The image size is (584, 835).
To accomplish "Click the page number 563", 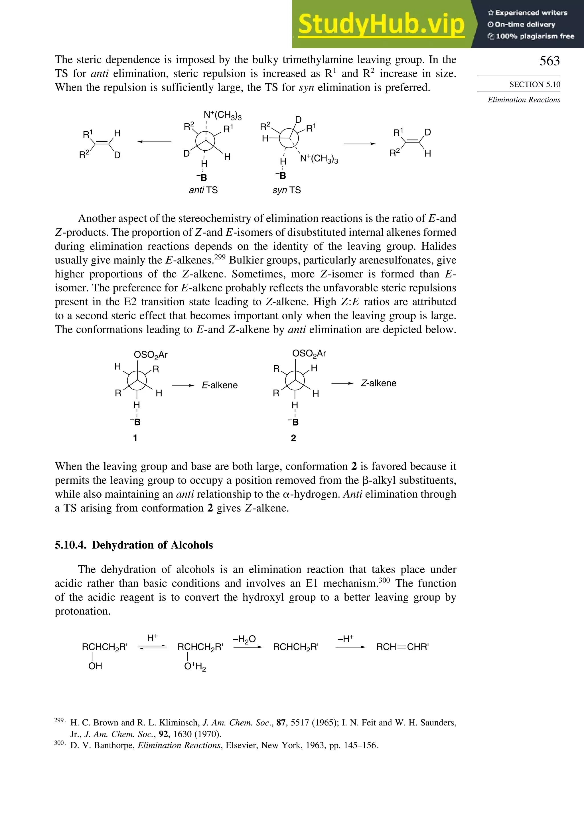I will (x=549, y=61).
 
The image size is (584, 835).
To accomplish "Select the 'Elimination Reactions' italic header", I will (x=524, y=100).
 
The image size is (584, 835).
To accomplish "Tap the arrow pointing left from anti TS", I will (x=154, y=142).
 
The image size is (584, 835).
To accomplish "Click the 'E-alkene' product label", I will (x=220, y=385).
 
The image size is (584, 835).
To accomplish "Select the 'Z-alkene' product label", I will (x=378, y=383).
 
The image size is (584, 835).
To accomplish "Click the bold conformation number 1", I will (x=135, y=438).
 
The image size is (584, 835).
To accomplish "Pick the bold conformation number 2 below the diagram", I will (x=293, y=438).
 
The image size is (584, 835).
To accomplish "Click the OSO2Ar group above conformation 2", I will (x=309, y=354).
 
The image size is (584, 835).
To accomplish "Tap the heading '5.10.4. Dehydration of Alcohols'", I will (x=134, y=545).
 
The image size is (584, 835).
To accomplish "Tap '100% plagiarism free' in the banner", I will (x=531, y=36).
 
